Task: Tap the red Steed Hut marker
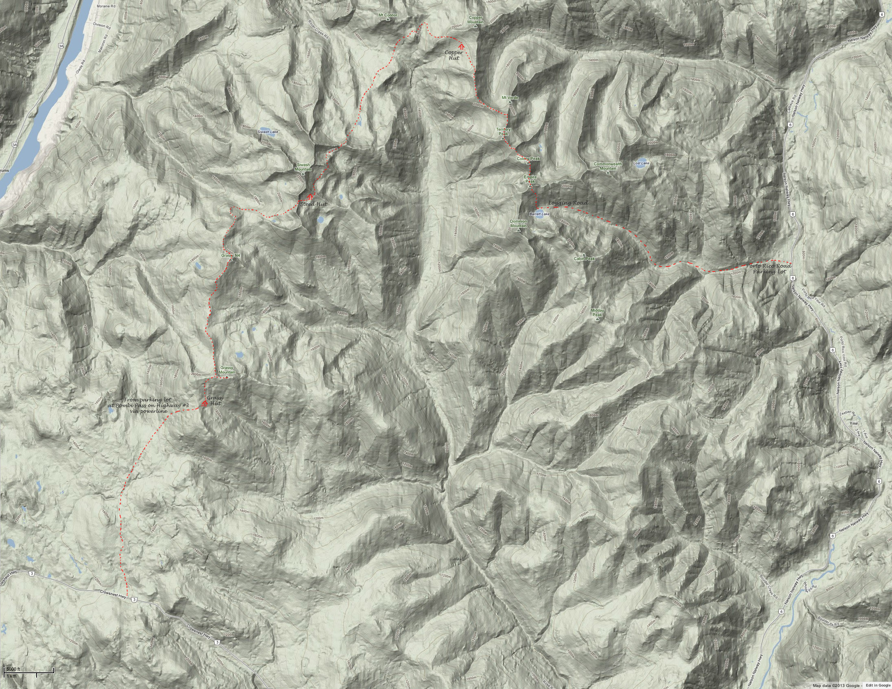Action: [310, 197]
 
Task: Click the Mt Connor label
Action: [388, 15]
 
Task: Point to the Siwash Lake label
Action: [268, 132]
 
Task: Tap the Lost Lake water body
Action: [641, 160]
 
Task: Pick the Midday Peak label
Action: [598, 312]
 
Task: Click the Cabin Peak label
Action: [584, 259]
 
